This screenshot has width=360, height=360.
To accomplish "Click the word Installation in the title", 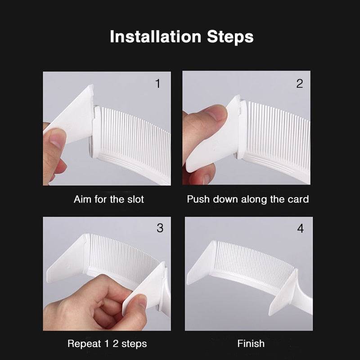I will (156, 37).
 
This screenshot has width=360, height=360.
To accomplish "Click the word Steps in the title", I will (230, 37).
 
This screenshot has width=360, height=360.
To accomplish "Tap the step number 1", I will (157, 84).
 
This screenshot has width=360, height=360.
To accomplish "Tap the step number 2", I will (300, 84).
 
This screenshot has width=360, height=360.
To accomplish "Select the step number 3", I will (160, 228).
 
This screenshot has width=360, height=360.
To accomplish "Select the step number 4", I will (300, 229).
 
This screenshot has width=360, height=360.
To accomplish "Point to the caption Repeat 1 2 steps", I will (107, 344).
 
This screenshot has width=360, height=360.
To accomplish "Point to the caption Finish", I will (251, 344).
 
